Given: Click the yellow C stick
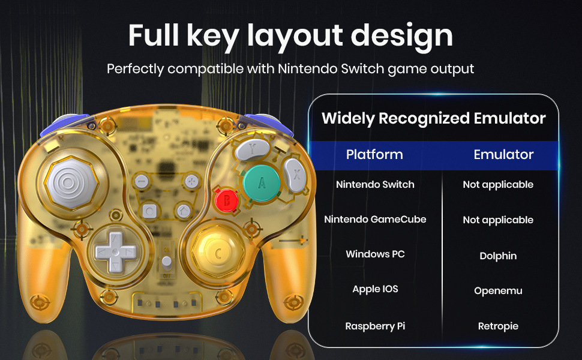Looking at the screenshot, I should [218, 252].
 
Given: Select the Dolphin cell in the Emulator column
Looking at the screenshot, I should [498, 256].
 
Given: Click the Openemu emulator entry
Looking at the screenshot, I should [498, 290].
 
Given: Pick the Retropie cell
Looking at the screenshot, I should [498, 326].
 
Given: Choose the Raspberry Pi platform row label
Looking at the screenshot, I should [375, 326].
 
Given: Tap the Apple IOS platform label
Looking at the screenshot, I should [375, 289].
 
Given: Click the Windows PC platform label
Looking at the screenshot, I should [375, 254].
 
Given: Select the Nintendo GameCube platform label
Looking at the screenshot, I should [375, 220].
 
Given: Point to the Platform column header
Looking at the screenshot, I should [374, 155].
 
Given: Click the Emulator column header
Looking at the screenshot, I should [503, 155].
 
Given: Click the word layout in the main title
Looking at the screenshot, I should [298, 36].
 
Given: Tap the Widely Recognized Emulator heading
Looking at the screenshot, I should [434, 118].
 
